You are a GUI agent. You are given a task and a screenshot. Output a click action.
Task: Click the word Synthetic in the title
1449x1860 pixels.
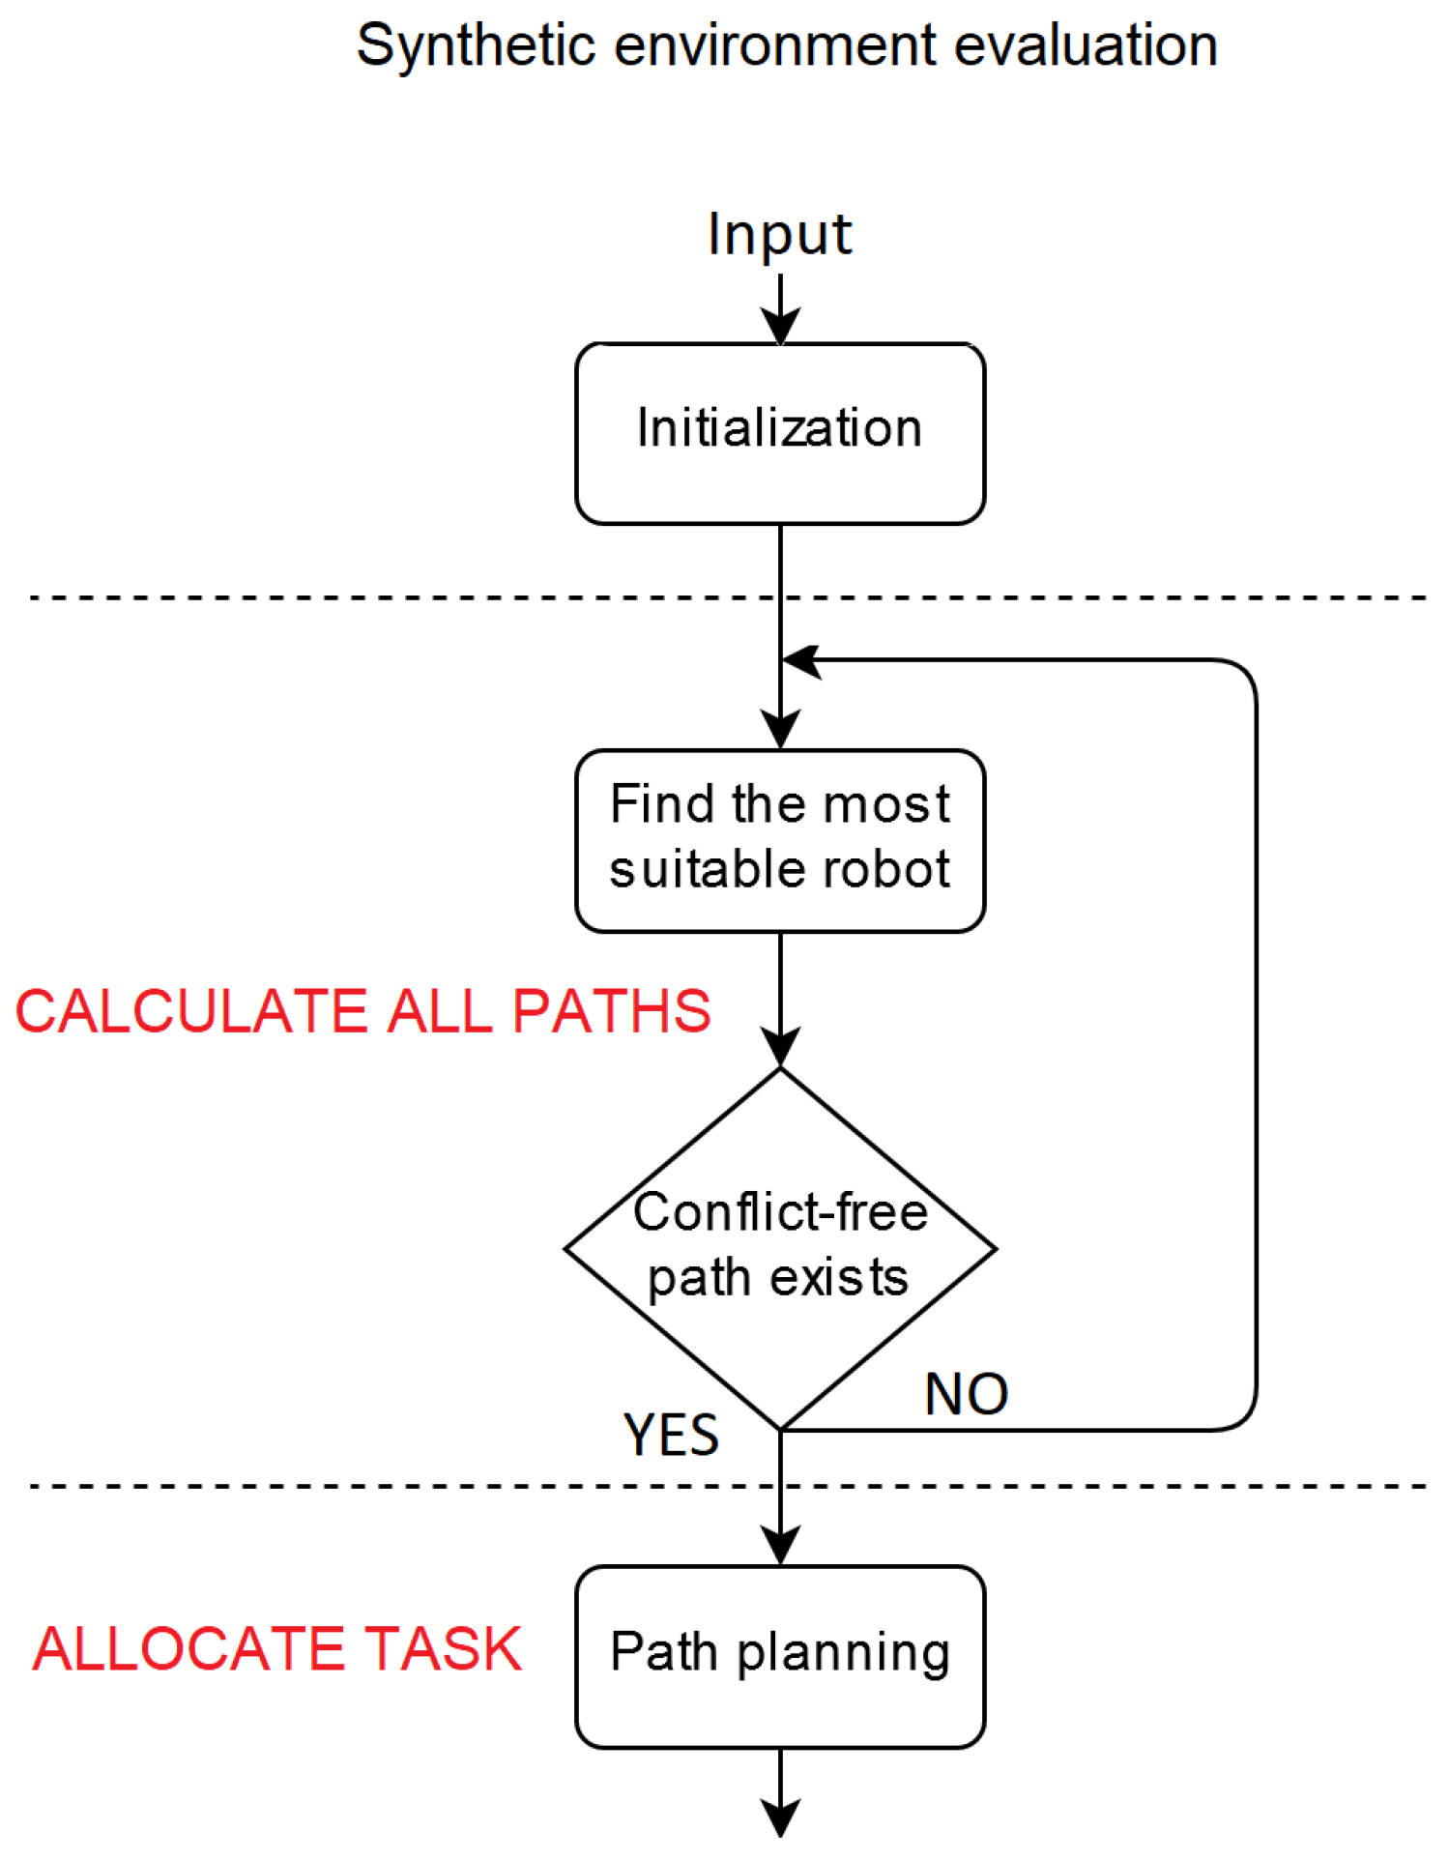(x=474, y=45)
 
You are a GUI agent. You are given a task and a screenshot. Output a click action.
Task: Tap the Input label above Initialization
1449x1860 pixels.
(x=779, y=234)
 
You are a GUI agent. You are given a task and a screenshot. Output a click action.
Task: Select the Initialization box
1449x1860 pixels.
(x=779, y=433)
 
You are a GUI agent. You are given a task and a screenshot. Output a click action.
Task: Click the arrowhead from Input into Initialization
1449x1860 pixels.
(x=779, y=326)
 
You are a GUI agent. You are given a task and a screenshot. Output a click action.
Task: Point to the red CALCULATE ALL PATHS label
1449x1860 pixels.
(x=362, y=1011)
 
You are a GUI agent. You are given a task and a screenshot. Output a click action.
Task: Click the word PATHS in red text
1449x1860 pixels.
(x=611, y=1011)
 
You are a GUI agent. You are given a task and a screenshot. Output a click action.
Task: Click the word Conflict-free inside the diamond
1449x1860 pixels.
(x=779, y=1211)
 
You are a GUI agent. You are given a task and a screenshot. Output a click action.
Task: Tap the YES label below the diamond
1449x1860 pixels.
(x=671, y=1435)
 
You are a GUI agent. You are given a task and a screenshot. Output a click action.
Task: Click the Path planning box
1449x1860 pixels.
(x=779, y=1655)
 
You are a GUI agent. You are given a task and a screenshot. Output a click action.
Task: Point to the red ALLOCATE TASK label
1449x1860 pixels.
(x=276, y=1648)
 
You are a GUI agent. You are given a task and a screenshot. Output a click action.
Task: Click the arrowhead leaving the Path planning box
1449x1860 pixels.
(x=779, y=1817)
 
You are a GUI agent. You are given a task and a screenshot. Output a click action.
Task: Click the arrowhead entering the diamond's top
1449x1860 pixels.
(x=779, y=1048)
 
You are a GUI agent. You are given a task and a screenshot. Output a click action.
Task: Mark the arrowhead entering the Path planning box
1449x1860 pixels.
(x=779, y=1545)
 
